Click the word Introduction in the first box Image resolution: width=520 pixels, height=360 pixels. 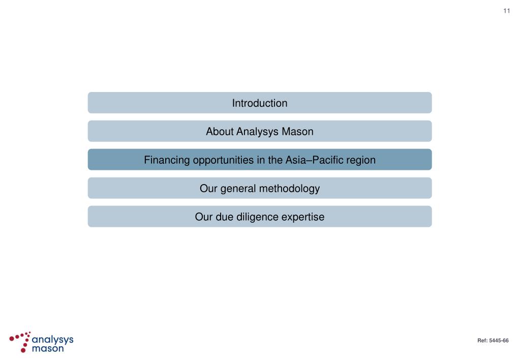coord(260,103)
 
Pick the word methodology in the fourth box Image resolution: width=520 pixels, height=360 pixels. coord(289,189)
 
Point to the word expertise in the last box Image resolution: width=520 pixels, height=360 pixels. coord(302,217)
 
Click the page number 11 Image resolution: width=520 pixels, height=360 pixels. coord(506,11)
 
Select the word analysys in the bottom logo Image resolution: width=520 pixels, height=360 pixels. coord(52,339)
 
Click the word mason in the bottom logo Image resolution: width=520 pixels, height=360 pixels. coord(47,348)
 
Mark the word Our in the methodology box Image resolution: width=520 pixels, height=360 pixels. coord(208,189)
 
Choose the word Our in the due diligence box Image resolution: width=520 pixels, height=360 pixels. coord(204,217)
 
